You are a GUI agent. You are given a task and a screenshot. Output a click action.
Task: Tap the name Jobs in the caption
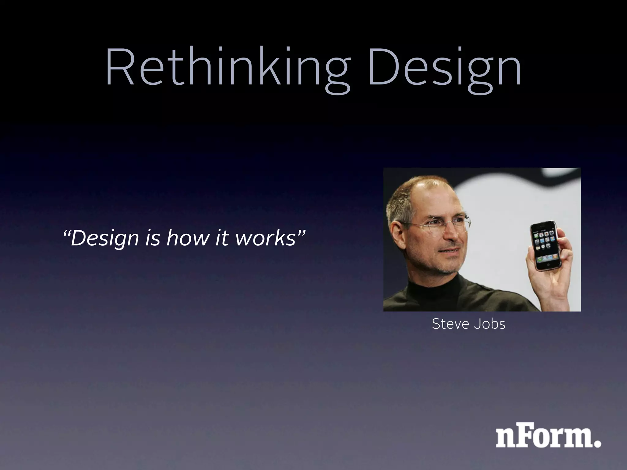tap(490, 324)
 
